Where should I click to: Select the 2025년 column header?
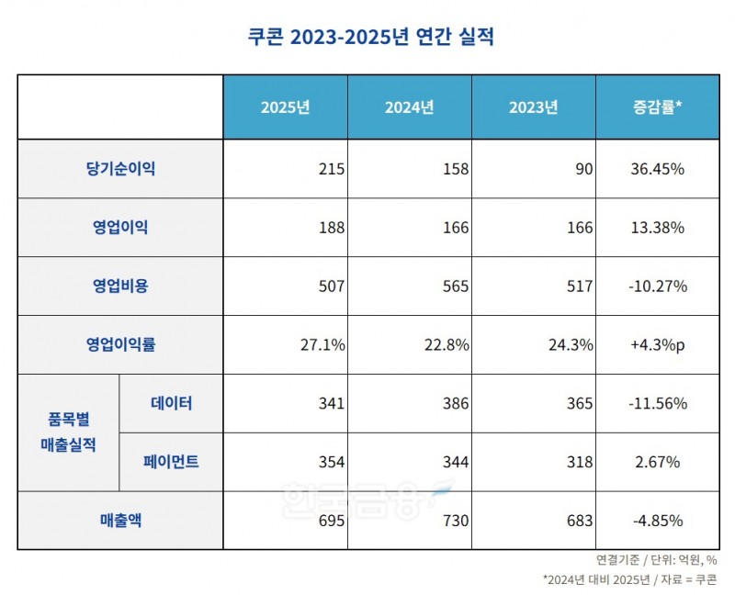[285, 107]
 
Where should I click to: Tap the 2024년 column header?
[409, 107]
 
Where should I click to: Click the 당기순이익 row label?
[121, 169]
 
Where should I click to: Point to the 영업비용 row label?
[121, 286]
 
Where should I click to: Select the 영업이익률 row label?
[121, 345]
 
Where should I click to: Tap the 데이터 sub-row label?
[171, 403]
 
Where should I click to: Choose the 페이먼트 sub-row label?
[171, 462]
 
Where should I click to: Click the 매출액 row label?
[121, 521]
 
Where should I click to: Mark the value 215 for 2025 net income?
[331, 170]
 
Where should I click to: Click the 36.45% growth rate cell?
[657, 170]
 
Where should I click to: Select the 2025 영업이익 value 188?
[331, 228]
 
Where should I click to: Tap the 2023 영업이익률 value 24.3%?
[570, 345]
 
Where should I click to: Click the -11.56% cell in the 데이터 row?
[657, 404]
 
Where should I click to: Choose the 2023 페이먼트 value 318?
[580, 463]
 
